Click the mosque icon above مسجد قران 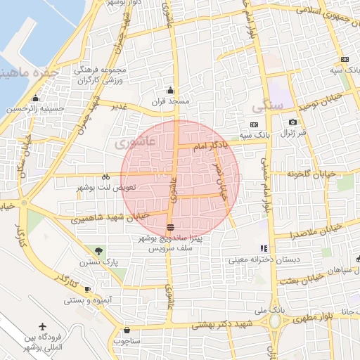pos(169,90)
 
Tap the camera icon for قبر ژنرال pos(292,122)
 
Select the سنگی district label pos(267,106)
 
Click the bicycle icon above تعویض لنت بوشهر pos(105,177)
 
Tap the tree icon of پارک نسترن pos(98,250)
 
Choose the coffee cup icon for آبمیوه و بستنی pos(87,289)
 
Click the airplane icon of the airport pos(42,328)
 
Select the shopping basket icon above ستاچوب pos(127,330)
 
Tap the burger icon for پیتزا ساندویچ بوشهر pos(170,227)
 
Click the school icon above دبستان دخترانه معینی pos(264,248)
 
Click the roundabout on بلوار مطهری pos(274,321)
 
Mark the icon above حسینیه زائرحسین pos(36,98)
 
